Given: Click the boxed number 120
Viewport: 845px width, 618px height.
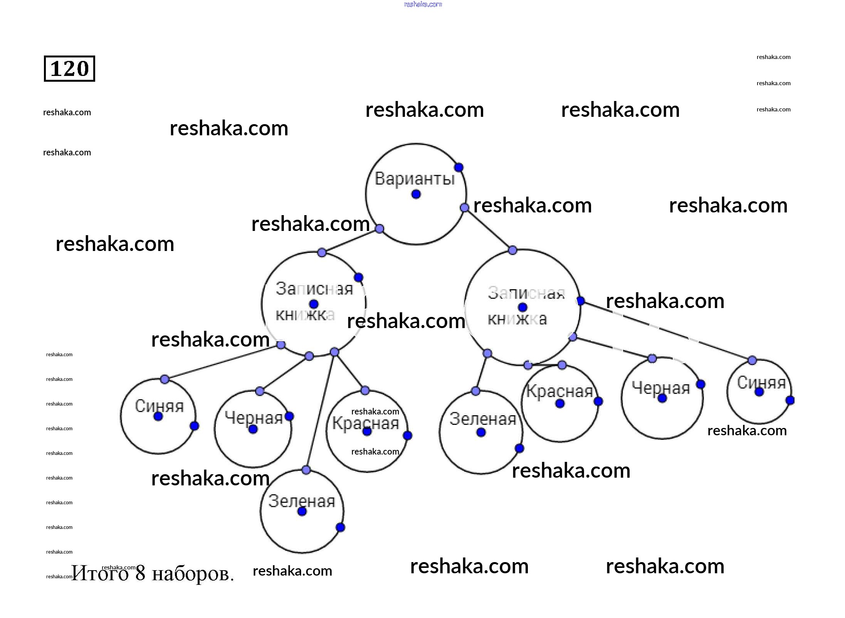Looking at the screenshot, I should tap(69, 69).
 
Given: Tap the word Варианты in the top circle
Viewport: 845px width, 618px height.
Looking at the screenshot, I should tap(415, 179).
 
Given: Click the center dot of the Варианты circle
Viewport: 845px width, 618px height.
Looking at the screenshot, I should tap(416, 194).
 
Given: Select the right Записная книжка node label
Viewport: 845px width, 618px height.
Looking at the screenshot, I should tap(522, 306).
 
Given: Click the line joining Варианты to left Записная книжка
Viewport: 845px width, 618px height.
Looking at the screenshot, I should tap(351, 241).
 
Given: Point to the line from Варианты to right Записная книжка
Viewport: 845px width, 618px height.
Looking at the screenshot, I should tap(489, 229).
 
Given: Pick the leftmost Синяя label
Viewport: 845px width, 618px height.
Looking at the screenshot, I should tap(159, 406).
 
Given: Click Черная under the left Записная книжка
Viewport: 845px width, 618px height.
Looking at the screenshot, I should tap(254, 418).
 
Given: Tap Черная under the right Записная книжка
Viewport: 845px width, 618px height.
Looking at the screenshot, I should tap(661, 388).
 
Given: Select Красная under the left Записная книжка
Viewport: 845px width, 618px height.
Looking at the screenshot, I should tap(365, 423).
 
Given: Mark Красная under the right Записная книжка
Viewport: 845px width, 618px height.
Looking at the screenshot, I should tap(559, 392).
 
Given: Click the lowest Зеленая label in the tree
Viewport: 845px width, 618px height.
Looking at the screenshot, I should tap(301, 501).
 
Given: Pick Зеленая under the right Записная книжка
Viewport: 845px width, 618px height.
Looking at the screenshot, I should tap(482, 419).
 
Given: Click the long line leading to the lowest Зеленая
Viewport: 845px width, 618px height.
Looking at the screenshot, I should tap(320, 411).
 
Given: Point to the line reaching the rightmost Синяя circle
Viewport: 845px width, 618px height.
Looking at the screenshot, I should tap(667, 331).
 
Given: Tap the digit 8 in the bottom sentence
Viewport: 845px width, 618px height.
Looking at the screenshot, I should tap(140, 573).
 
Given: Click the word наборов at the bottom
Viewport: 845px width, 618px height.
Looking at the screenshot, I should tap(193, 574).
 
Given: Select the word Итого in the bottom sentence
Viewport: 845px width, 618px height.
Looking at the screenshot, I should tap(99, 573).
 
